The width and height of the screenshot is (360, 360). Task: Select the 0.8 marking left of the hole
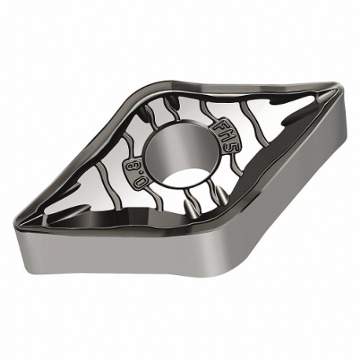(x=134, y=169)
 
